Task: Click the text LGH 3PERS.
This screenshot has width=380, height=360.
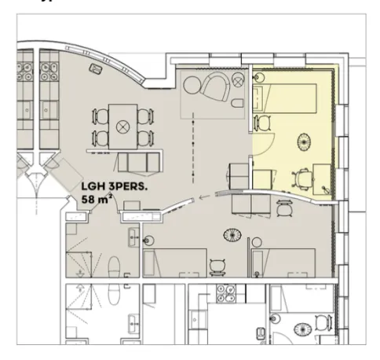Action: pyautogui.click(x=109, y=188)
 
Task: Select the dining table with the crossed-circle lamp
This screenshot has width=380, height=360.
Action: pyautogui.click(x=121, y=127)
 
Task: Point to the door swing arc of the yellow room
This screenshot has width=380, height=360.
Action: pyautogui.click(x=261, y=141)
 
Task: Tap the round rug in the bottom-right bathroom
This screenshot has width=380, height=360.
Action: pyautogui.click(x=302, y=325)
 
